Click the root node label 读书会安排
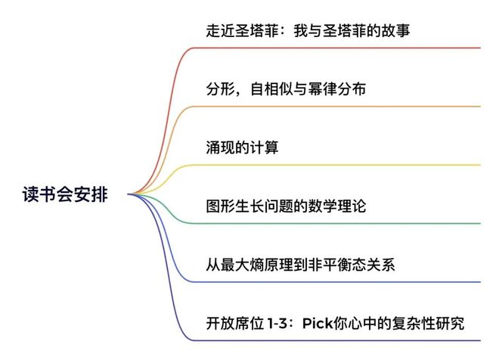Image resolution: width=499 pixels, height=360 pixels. [x=64, y=194]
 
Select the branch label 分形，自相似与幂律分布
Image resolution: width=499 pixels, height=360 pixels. [x=287, y=89]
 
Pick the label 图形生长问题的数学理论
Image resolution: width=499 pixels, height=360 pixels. [x=287, y=206]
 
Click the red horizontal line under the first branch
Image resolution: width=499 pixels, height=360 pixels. [x=340, y=48]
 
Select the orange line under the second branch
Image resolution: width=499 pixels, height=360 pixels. [x=340, y=107]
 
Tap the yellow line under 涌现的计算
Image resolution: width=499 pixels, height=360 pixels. [x=340, y=165]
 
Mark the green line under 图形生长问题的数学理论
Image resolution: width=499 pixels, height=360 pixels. [x=340, y=224]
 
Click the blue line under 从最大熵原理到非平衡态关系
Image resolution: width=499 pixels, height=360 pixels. [x=340, y=282]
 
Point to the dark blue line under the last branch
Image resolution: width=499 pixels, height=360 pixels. [x=340, y=340]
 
